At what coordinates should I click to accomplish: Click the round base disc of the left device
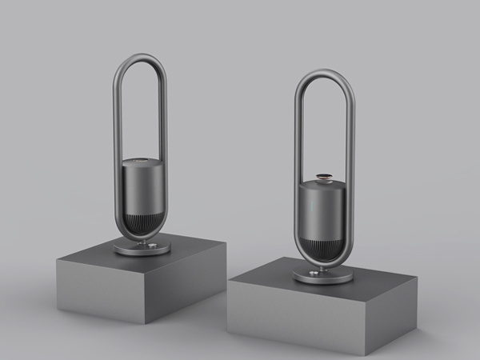click(142, 249)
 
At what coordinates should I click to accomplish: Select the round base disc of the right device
click(322, 276)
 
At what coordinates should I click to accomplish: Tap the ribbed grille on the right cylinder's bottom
click(324, 255)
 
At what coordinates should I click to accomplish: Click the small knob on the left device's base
click(126, 247)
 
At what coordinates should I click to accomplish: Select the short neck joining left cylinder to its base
click(142, 240)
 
